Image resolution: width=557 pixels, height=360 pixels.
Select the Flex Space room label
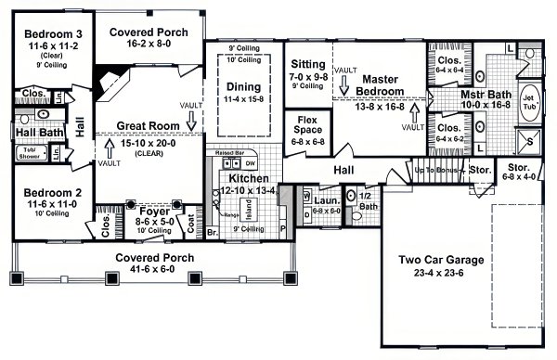tap(306, 123)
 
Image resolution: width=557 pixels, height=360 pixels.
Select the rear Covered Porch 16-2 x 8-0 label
tap(149, 32)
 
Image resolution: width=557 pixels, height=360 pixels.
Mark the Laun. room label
tap(325, 198)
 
